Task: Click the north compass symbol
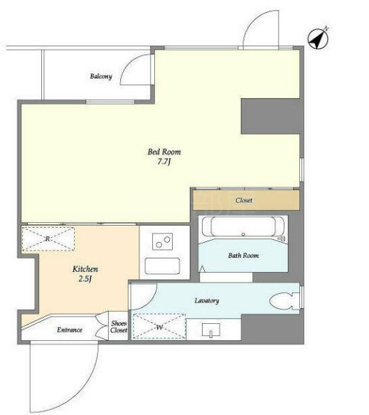(x=318, y=39)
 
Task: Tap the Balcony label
(x=101, y=76)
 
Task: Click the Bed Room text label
(x=164, y=152)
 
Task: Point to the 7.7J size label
(x=164, y=162)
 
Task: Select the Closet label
(x=244, y=200)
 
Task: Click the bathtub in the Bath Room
(x=243, y=227)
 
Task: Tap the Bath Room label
(x=243, y=256)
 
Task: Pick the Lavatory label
(x=207, y=300)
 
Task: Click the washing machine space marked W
(x=159, y=327)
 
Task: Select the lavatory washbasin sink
(x=211, y=330)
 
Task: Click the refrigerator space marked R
(x=48, y=238)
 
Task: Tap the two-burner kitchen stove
(x=163, y=241)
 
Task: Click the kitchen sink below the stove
(x=163, y=266)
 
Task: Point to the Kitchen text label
(x=85, y=269)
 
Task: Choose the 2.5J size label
(x=85, y=279)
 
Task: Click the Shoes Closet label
(x=119, y=327)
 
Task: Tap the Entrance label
(x=70, y=330)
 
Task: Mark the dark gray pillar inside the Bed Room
(x=270, y=117)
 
